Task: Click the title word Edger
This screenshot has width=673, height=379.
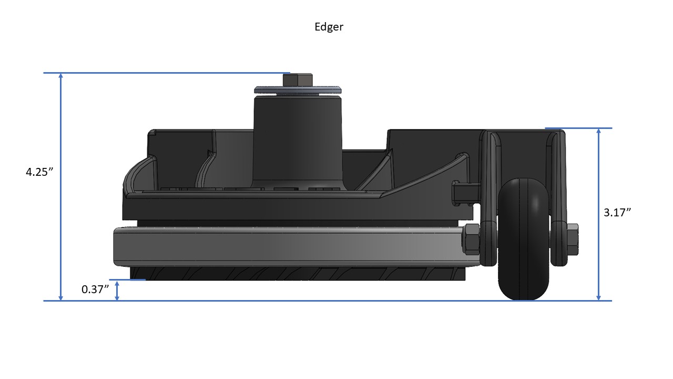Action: [329, 27]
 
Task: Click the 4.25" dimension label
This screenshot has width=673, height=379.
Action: [40, 172]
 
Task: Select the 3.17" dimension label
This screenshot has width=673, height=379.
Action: [617, 213]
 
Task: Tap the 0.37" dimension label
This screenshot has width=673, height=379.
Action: [95, 289]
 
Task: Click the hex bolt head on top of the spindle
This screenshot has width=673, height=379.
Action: [298, 80]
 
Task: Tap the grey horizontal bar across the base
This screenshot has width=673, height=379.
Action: [294, 246]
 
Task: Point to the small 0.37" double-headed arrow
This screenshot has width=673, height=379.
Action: [117, 291]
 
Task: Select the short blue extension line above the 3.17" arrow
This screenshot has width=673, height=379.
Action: [578, 128]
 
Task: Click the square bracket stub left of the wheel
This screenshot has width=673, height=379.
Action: [466, 192]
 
